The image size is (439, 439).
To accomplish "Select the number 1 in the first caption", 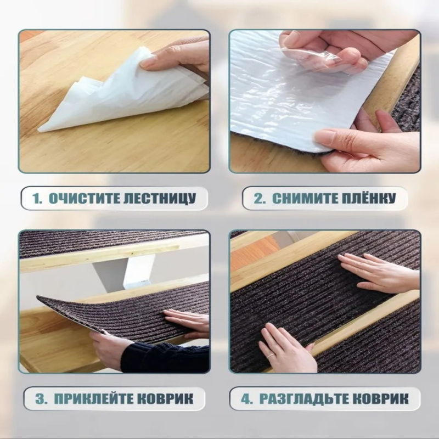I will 36,199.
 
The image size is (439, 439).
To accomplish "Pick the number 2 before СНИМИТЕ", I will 258,199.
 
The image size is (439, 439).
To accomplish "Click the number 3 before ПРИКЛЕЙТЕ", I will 40,399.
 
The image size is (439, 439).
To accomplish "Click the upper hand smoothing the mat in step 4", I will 379,272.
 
